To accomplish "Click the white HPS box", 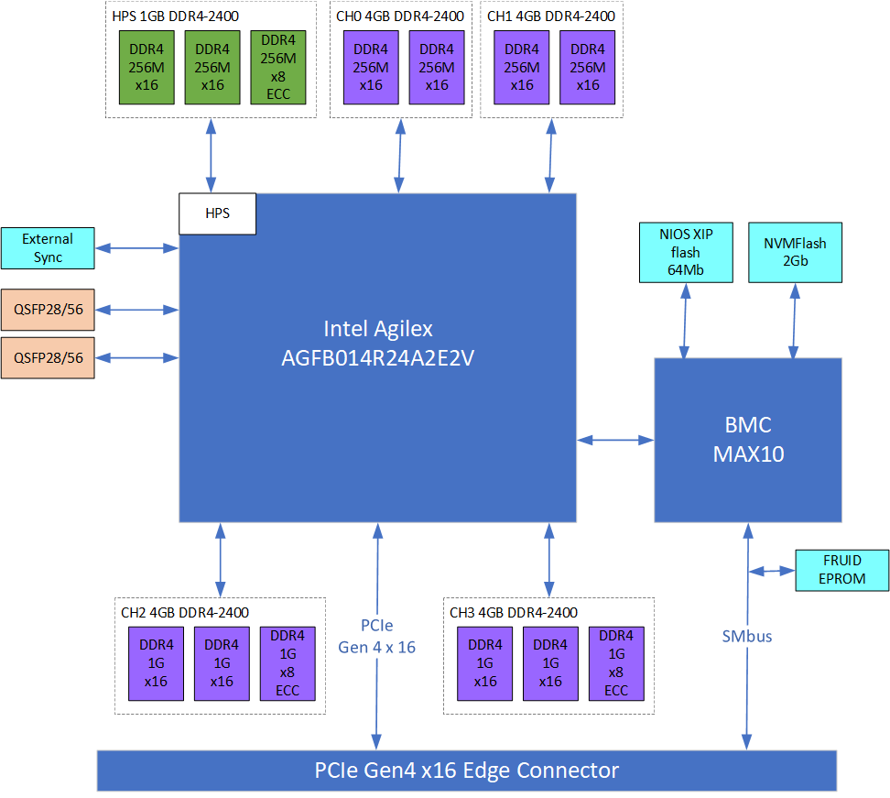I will pos(217,213).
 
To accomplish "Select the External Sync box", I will pos(48,248).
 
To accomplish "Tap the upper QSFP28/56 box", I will pos(48,310).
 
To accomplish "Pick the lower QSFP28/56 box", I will pos(48,358).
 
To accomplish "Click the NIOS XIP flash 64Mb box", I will pos(685,252).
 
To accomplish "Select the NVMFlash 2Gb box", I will pos(795,252).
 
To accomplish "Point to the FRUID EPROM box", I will pos(841,569).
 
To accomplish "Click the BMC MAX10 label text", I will pos(747,439).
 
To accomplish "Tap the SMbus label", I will pos(746,635).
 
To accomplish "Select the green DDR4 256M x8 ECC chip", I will pos(278,67).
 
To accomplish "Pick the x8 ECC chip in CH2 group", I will pos(288,662).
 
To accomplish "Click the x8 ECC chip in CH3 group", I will pos(615,662).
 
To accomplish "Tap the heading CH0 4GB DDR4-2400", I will pos(399,16).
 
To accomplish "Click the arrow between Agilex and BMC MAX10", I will pos(614,441).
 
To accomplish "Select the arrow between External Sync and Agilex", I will pos(136,247).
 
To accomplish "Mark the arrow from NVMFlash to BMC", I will pos(794,320).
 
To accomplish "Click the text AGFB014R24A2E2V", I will pos(377,359).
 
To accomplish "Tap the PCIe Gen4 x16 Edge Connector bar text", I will pos(467,771).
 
